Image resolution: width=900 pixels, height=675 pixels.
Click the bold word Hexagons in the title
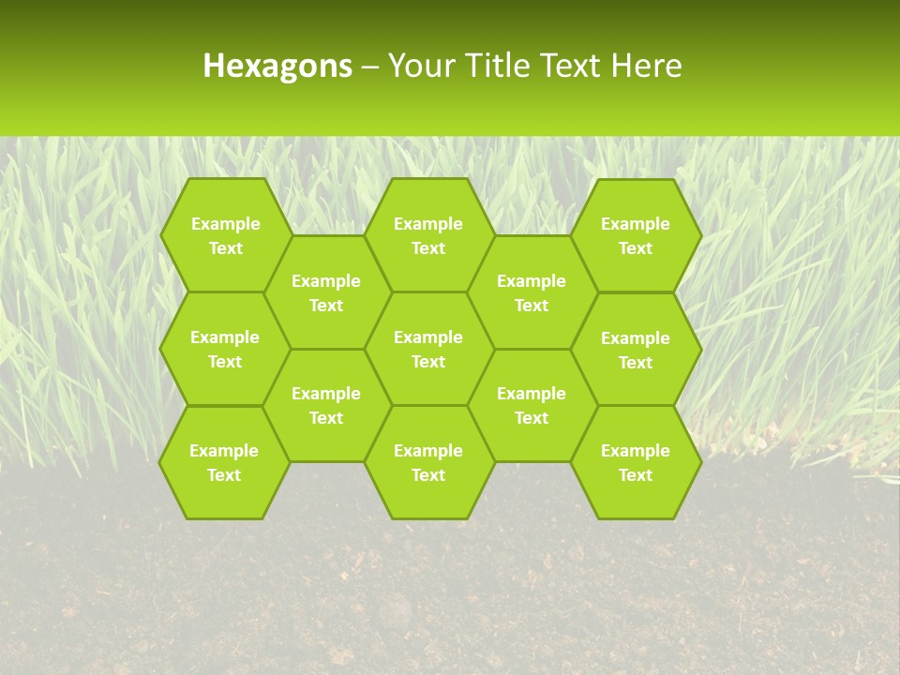277,67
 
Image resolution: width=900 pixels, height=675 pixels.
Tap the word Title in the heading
493,67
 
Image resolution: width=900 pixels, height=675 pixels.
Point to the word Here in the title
646,67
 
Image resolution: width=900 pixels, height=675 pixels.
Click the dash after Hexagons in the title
369,67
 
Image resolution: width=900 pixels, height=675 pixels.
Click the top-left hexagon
225,235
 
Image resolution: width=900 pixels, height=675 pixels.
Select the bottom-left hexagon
225,462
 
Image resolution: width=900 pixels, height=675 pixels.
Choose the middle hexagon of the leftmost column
225,349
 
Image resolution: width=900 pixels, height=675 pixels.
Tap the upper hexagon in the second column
326,292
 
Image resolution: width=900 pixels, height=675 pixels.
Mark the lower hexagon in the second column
326,405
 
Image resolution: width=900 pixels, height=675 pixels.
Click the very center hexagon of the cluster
428,349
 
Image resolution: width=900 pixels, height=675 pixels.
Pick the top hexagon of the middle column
428,235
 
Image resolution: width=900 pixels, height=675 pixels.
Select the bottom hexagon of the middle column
428,462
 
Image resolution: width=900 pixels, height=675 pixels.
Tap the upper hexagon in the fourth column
532,292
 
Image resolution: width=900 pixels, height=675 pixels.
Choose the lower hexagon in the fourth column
532,405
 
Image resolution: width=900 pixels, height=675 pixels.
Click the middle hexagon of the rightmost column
636,350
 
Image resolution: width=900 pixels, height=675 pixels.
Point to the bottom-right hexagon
636,462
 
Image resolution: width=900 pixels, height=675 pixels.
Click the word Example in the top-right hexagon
636,224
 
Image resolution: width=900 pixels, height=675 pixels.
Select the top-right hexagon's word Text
636,248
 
